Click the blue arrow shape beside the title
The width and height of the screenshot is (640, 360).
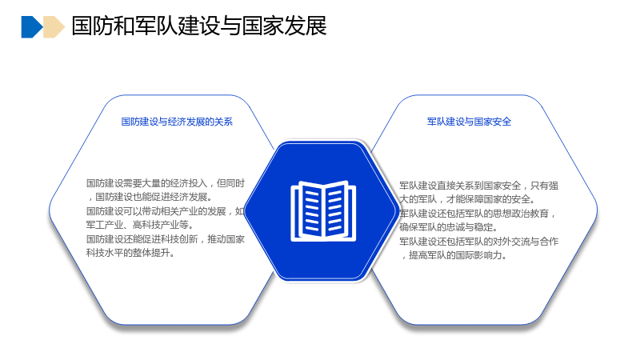tap(32, 27)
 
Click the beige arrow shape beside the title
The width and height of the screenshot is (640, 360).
tap(54, 27)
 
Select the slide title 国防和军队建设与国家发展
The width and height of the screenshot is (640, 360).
tap(199, 26)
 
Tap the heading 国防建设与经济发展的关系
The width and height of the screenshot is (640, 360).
tap(177, 122)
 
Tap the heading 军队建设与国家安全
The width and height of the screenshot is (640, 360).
tap(469, 122)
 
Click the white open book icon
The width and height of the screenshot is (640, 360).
tap(323, 210)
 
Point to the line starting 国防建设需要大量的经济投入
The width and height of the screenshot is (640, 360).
tap(166, 183)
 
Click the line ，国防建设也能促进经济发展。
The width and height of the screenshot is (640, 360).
tap(150, 197)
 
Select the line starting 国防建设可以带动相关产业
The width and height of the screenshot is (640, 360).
tap(166, 211)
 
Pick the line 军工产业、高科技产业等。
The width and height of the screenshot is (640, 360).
tap(140, 225)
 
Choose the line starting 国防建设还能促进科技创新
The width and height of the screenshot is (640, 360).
tap(166, 238)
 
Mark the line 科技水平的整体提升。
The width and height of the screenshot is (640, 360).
tap(130, 253)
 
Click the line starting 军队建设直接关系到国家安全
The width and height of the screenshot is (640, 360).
tap(478, 186)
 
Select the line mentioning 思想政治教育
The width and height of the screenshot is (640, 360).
tap(478, 214)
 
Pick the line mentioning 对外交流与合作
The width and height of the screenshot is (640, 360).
tap(478, 242)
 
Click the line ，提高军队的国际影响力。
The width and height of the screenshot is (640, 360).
tap(453, 255)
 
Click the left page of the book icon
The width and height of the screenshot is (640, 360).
tap(310, 210)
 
